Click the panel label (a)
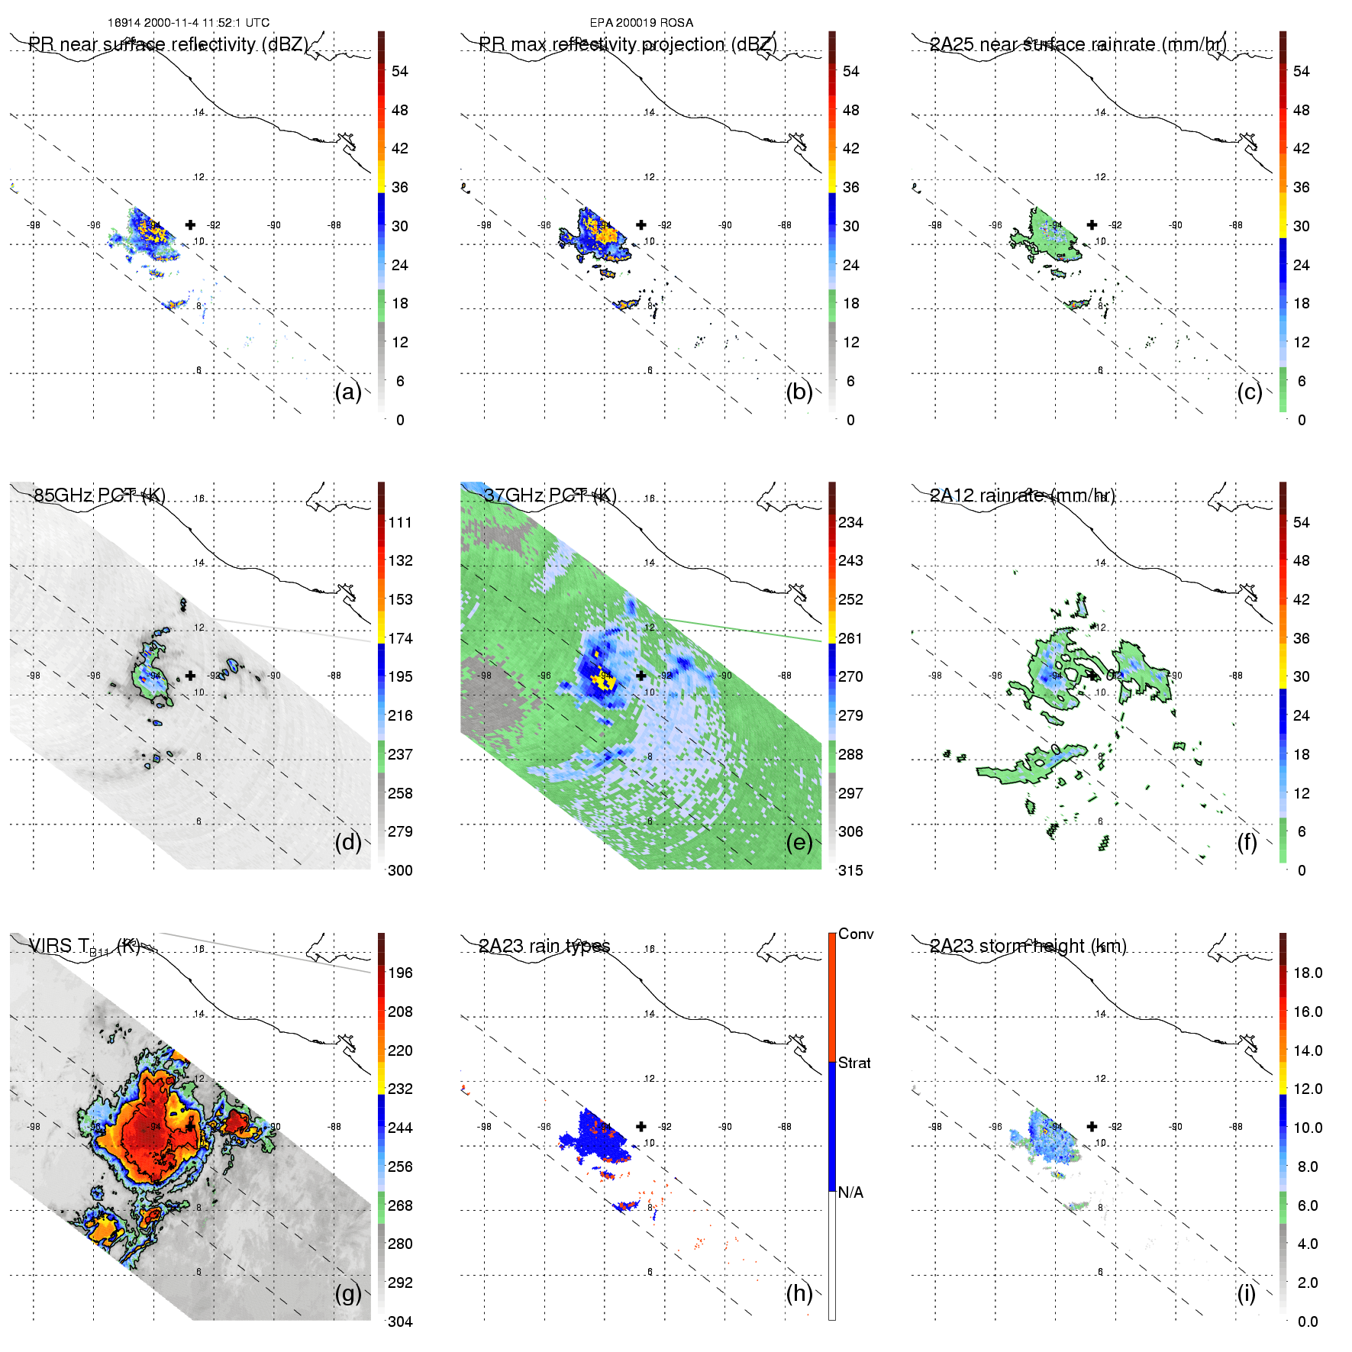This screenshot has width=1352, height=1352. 347,392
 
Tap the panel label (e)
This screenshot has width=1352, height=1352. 799,843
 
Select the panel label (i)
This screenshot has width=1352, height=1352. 1246,1293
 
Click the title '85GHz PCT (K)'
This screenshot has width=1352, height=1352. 99,495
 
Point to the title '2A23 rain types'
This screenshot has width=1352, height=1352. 544,947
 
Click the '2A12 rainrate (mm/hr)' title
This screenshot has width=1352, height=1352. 1022,495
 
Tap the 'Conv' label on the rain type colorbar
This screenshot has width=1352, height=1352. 856,934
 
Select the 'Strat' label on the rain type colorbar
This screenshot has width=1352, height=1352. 854,1063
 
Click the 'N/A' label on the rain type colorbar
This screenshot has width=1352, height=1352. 850,1192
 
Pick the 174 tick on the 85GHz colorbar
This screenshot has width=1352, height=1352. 400,638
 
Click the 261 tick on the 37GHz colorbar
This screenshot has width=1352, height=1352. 850,638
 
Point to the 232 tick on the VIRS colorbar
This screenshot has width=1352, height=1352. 400,1089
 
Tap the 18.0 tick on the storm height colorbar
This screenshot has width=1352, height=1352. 1307,973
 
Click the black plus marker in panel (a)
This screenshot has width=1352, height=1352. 190,224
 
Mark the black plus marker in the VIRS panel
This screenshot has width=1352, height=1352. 190,1126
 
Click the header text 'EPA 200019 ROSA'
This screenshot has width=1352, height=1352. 641,23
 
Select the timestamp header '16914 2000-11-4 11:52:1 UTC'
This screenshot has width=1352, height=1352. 189,23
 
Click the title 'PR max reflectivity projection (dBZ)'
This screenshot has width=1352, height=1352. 628,44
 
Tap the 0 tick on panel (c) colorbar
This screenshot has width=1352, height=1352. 1302,420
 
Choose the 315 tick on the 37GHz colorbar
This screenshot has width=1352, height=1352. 850,870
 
